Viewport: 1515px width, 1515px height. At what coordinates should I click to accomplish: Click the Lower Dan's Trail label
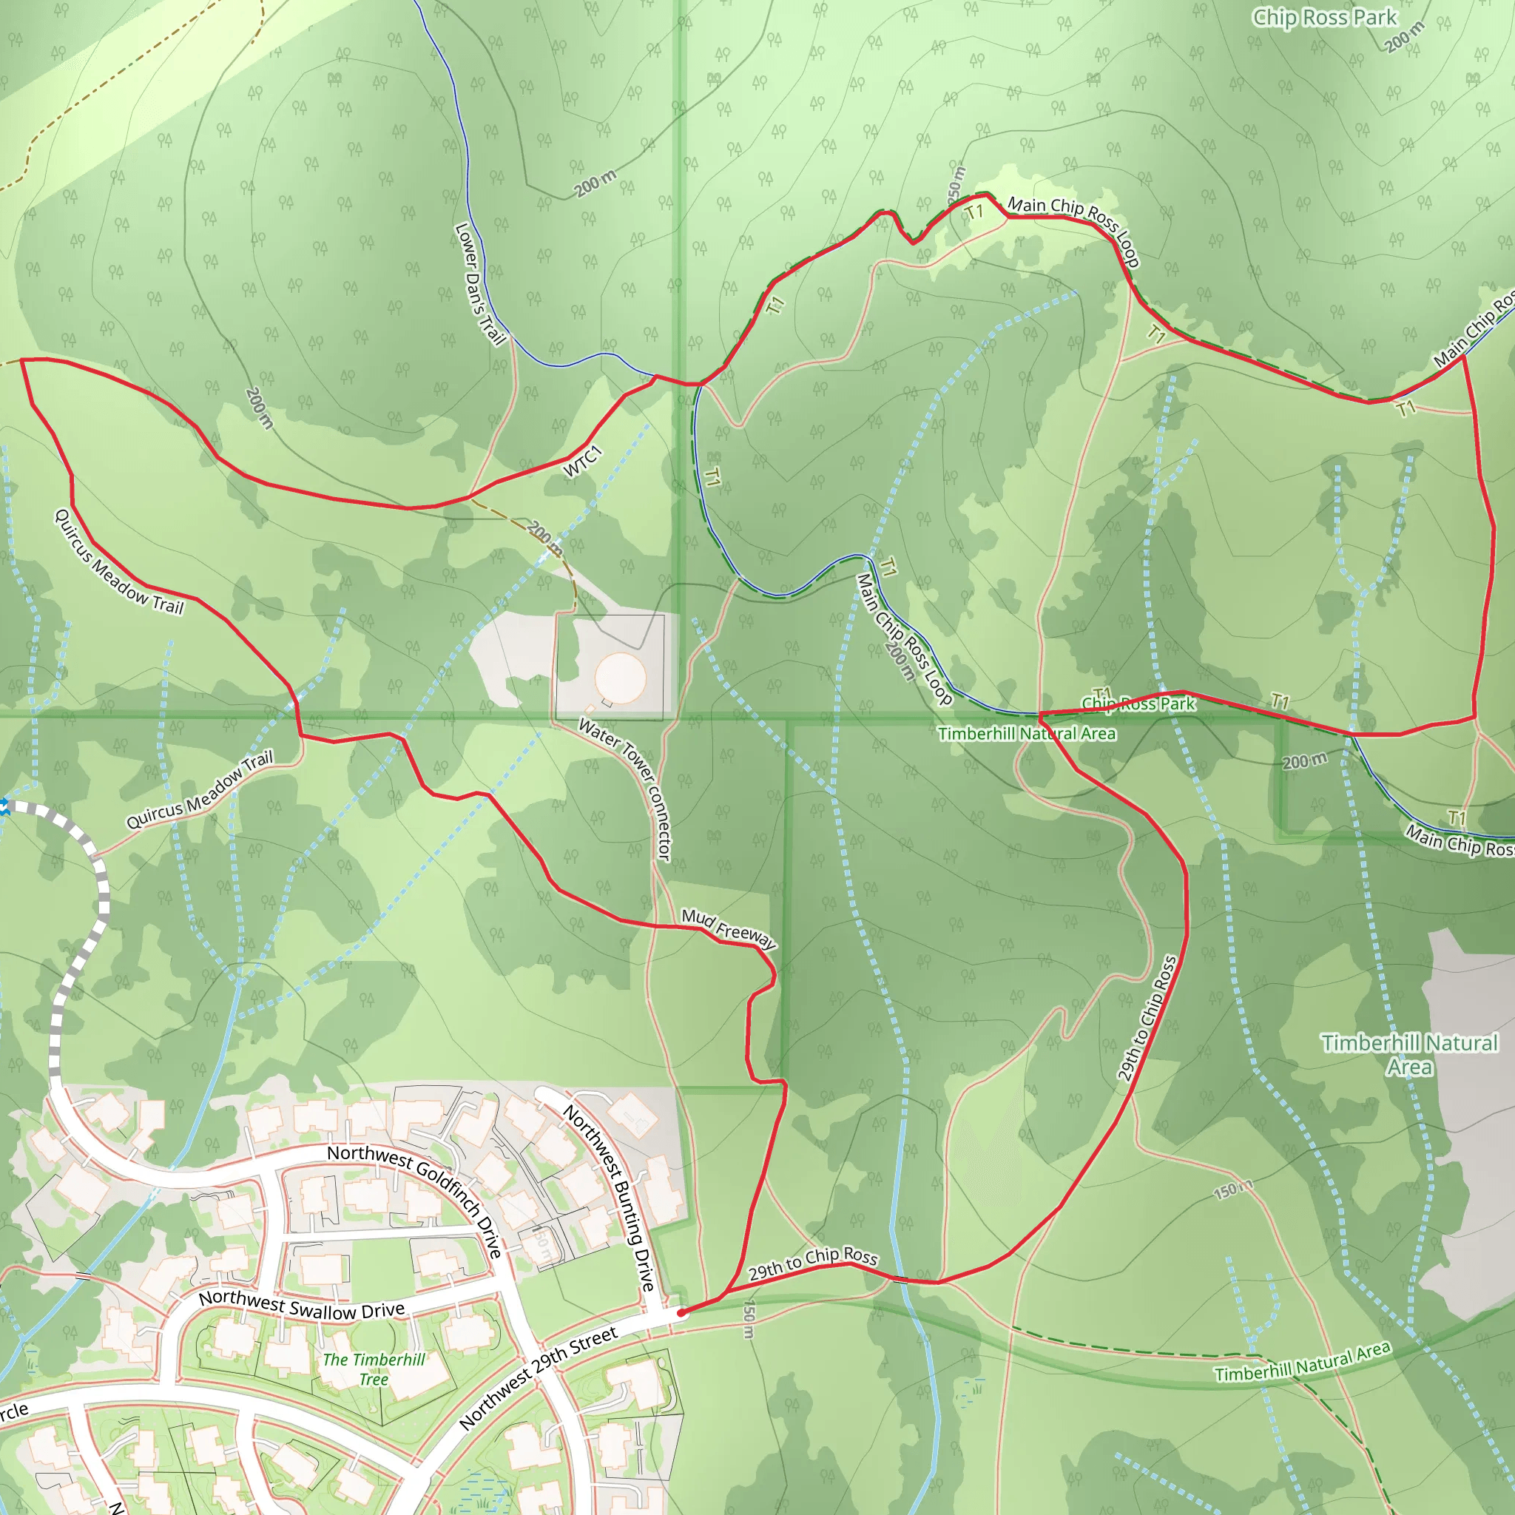(x=479, y=284)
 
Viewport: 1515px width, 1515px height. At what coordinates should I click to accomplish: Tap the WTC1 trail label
(x=583, y=460)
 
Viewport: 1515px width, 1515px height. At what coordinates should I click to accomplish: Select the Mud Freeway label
(x=729, y=929)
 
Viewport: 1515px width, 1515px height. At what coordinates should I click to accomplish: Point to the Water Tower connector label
(x=627, y=787)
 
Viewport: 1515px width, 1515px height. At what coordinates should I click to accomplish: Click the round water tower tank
(x=620, y=676)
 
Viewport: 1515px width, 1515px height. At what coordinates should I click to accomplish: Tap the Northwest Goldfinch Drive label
(x=416, y=1199)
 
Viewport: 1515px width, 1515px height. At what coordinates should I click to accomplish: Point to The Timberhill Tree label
(x=374, y=1369)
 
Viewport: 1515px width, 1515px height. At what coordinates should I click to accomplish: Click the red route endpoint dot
(x=681, y=1312)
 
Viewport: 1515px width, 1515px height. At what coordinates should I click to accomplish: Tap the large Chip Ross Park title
(x=1324, y=17)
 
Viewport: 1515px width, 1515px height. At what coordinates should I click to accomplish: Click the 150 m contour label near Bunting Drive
(x=749, y=1320)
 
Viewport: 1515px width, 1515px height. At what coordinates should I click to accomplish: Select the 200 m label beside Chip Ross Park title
(x=1405, y=36)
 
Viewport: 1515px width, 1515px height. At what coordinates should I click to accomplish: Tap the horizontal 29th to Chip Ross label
(x=812, y=1263)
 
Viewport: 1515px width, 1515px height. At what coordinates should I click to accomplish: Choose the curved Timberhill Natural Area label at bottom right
(x=1303, y=1361)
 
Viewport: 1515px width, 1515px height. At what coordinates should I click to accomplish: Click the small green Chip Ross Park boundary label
(x=1138, y=703)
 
